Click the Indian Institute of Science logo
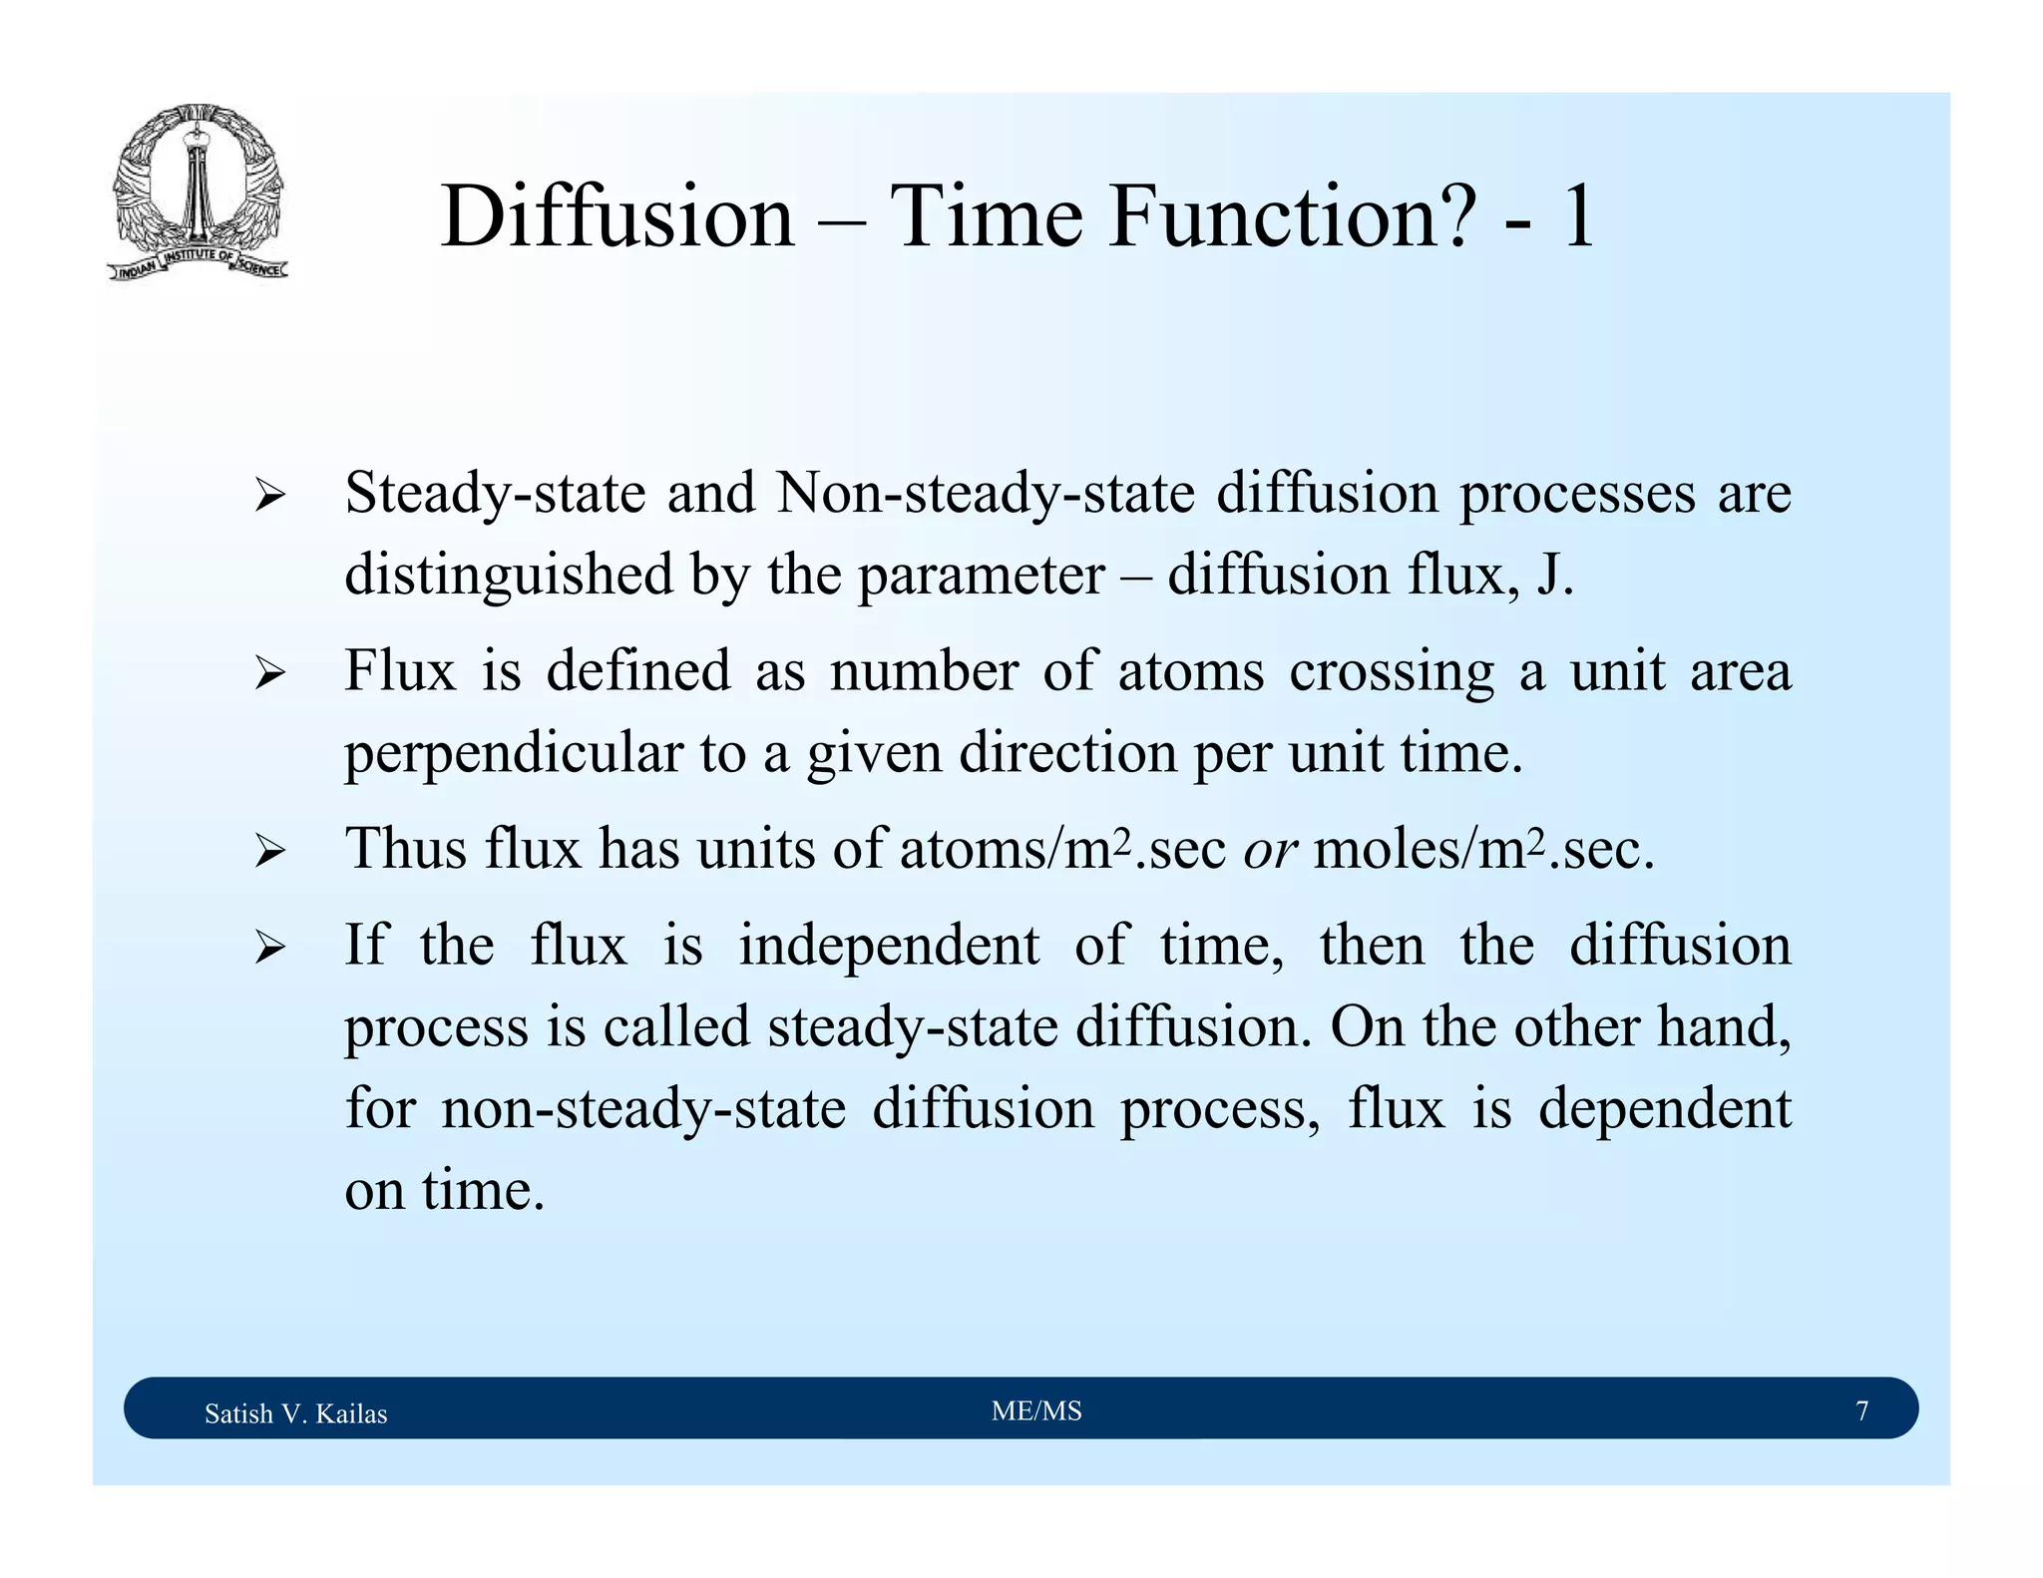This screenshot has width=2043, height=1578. coord(198,193)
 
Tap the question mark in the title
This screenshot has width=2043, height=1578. coord(1452,216)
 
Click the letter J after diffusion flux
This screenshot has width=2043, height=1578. coord(1548,576)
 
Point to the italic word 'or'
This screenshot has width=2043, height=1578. coord(1270,851)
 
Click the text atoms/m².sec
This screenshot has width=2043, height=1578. coord(1062,849)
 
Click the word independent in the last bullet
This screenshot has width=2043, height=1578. coord(888,945)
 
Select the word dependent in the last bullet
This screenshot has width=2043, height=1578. coord(1664,1108)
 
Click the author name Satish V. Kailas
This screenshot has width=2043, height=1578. coord(295,1413)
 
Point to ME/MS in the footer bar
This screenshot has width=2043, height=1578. coord(1036,1410)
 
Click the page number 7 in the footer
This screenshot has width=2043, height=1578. coord(1861,1410)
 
